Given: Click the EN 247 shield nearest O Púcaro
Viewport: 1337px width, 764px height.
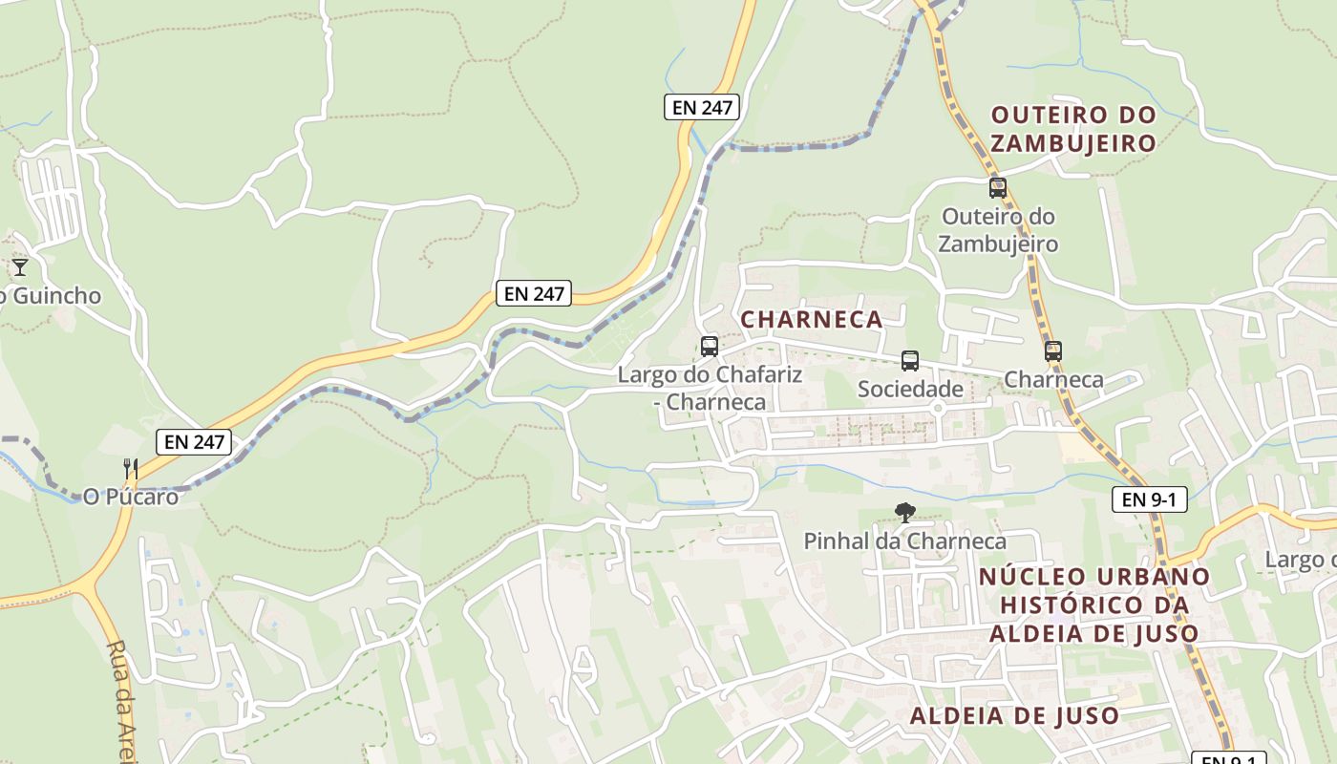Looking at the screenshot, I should pos(194,441).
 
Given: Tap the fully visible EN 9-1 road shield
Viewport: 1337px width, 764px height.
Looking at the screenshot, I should pos(1149,499).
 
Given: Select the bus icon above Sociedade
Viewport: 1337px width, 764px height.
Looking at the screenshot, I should pos(910,361).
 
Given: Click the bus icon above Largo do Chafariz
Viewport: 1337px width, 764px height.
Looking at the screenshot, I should pos(710,347).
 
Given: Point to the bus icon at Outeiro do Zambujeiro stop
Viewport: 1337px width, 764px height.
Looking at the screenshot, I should pos(998,188).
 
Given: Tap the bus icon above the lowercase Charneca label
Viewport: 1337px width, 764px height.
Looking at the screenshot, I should pos(1053,351).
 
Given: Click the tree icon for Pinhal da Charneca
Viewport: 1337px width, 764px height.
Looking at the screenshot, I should pos(904,513).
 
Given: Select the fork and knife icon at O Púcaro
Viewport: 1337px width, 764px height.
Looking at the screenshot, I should pos(131,468).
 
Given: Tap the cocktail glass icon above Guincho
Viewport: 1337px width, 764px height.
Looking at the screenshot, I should pos(20,266).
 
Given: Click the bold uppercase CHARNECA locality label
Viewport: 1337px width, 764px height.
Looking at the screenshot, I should pos(812,319).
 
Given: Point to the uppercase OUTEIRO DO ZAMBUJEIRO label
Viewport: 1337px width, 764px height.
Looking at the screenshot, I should pos(1073,129).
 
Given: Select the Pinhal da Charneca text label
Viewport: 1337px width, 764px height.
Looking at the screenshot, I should pos(904,541).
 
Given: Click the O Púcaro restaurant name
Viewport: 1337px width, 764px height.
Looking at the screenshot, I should pos(131,497).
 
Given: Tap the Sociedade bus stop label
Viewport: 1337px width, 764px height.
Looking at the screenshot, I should pos(910,389).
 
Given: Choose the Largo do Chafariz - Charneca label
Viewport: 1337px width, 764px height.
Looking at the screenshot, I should pos(710,388).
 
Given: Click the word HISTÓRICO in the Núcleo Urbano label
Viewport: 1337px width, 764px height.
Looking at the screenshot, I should pos(1094,605).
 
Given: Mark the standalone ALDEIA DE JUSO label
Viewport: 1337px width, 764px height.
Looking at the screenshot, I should pos(1014,715).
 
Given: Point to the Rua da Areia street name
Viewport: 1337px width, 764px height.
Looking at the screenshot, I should pos(118,702).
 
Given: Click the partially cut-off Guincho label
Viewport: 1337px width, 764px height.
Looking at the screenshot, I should pos(53,296).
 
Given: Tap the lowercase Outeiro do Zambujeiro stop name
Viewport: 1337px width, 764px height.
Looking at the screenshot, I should pos(998,230).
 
